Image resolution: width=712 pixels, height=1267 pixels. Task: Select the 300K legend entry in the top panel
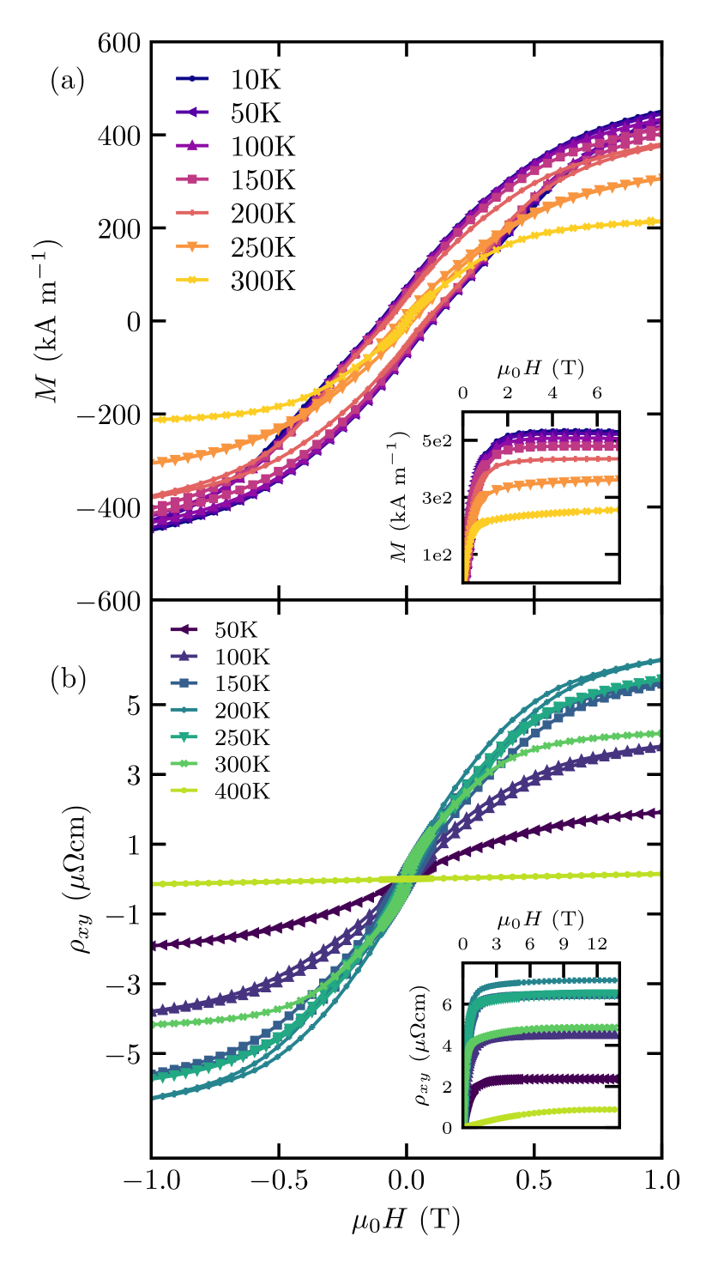[x=262, y=281]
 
